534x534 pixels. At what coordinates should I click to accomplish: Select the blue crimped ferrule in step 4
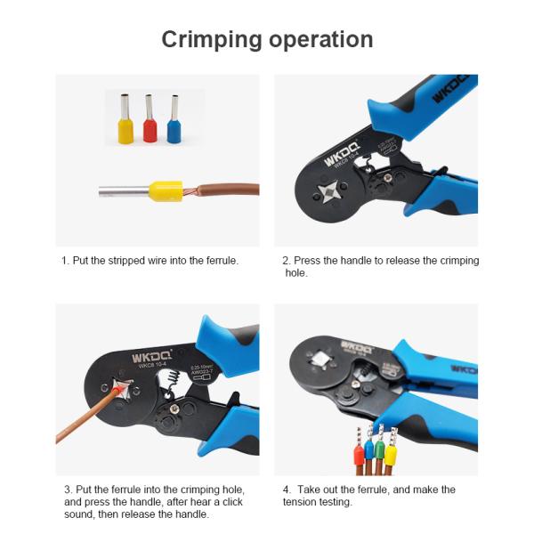369,450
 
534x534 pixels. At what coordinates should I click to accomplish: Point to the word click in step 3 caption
224,502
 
